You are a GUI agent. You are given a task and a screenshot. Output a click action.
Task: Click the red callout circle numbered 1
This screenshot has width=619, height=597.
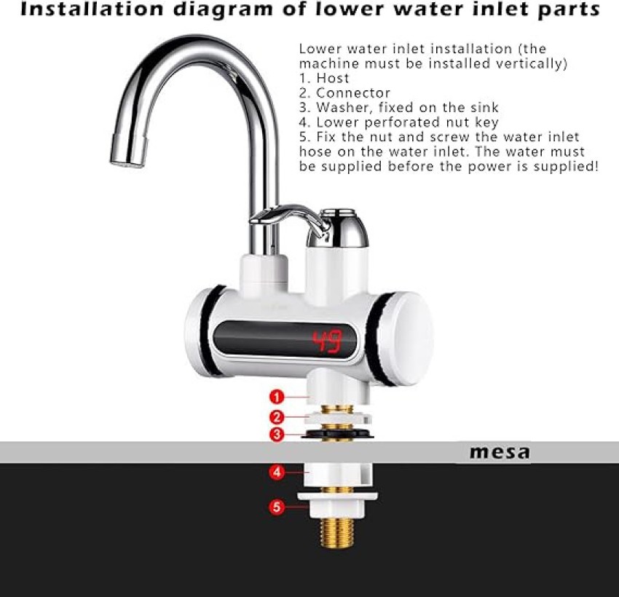(x=276, y=397)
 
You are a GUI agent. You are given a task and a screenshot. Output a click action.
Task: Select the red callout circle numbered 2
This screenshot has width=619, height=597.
(x=276, y=417)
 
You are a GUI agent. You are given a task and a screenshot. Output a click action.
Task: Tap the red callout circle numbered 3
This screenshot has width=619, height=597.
(x=276, y=435)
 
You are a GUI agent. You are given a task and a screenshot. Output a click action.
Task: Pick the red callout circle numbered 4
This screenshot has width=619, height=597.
(x=276, y=472)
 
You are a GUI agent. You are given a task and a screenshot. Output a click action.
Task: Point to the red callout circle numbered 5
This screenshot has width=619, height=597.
(x=276, y=507)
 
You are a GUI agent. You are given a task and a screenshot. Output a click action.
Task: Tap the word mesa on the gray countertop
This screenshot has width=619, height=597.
(x=500, y=452)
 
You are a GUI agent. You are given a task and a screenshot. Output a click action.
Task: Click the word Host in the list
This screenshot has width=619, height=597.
(x=333, y=78)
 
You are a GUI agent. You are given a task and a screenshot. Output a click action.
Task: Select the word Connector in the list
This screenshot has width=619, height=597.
(x=353, y=92)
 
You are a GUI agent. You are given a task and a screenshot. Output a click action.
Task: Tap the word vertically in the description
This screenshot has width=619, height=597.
(x=532, y=63)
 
